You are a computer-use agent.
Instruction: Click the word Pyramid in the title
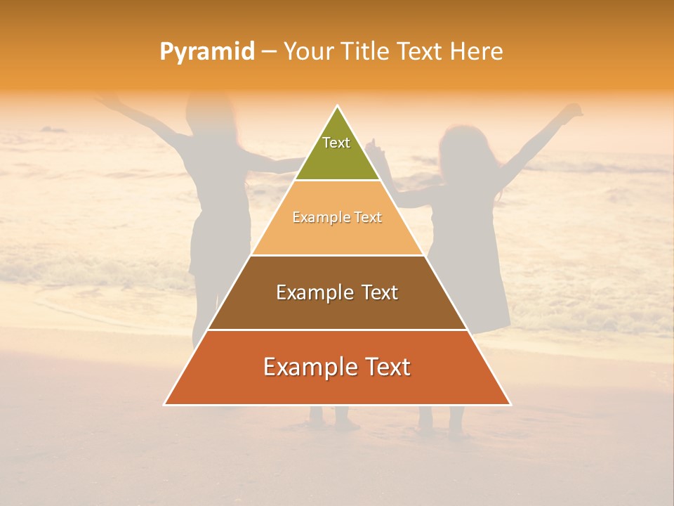[207, 52]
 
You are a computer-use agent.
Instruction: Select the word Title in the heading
[364, 51]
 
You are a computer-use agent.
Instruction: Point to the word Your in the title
[308, 51]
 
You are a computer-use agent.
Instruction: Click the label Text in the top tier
[336, 143]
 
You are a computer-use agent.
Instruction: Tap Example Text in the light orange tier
[337, 217]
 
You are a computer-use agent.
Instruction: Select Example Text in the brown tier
[337, 292]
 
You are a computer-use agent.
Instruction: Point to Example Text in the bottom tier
[337, 367]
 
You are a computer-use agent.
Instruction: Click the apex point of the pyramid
[338, 107]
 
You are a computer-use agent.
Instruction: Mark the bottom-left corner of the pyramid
[164, 405]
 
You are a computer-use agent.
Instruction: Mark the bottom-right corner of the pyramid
[510, 405]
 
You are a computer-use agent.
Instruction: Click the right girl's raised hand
[574, 110]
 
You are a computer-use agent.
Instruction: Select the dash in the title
[269, 52]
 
